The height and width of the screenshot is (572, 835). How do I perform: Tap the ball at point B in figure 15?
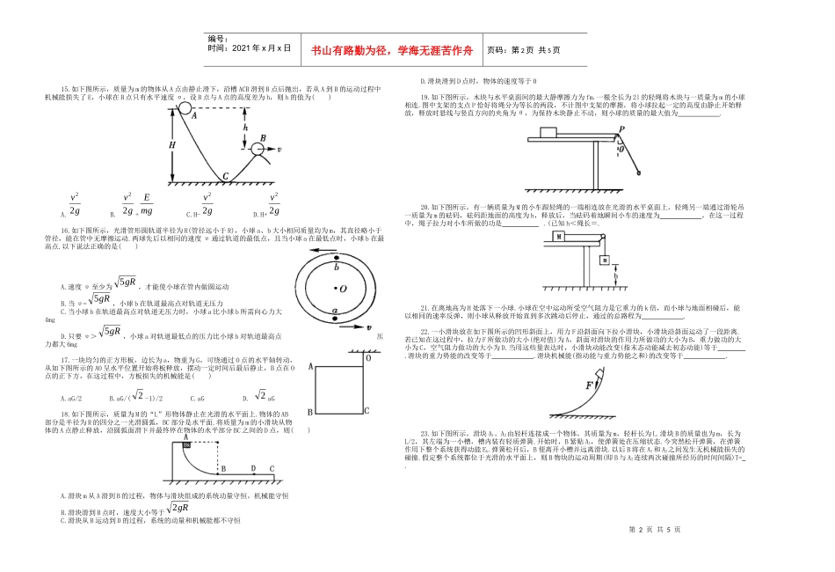point(259,149)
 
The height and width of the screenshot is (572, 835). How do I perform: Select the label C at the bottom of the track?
point(226,176)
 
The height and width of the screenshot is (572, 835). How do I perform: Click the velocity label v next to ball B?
point(280,150)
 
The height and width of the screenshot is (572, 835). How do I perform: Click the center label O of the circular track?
point(342,288)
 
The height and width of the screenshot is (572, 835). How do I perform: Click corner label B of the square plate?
point(309,412)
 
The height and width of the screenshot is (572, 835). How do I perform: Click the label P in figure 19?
point(621,129)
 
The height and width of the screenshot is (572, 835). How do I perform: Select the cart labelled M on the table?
point(559,237)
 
